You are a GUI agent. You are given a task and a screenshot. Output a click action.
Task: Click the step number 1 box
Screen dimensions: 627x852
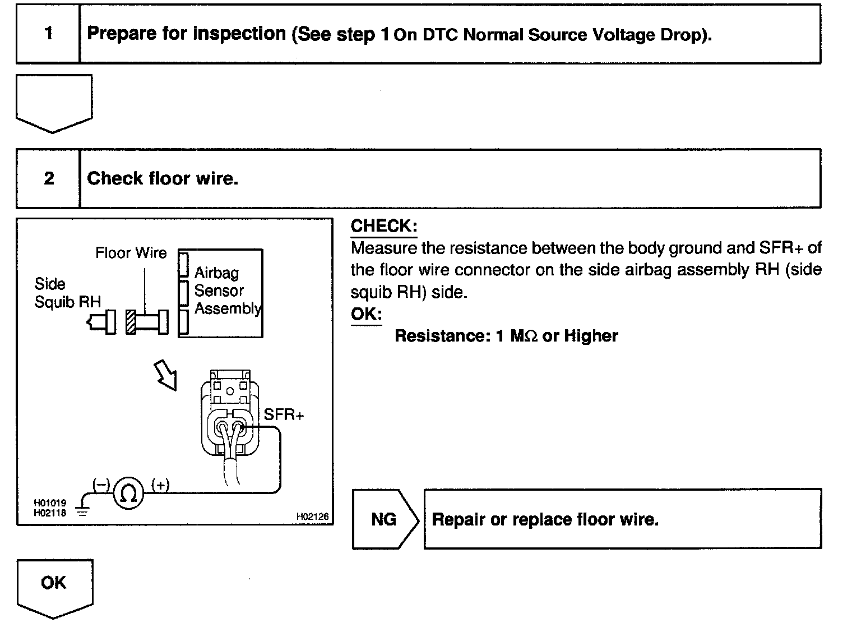[x=48, y=34]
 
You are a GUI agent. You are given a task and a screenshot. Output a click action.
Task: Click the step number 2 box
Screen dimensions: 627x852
[x=49, y=178]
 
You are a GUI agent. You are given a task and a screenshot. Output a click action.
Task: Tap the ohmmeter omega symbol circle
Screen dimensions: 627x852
[x=128, y=493]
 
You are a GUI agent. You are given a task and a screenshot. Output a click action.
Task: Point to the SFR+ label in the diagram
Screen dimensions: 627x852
[x=284, y=414]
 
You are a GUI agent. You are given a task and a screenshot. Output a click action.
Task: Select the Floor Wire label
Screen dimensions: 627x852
[x=131, y=253]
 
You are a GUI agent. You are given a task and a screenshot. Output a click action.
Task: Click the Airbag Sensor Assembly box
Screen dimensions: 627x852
[x=220, y=293]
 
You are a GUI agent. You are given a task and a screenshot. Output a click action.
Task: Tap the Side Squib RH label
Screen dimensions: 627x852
[x=67, y=293]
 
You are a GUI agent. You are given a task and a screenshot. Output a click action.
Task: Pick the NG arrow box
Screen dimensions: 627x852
[x=384, y=519]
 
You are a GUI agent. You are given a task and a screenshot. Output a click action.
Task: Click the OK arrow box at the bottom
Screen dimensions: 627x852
[x=54, y=586]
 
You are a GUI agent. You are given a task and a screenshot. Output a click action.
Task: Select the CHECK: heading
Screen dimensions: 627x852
[x=383, y=226]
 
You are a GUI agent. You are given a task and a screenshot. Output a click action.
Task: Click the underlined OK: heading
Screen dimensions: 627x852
[x=366, y=314]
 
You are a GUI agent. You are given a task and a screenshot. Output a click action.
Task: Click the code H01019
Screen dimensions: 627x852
[x=50, y=504]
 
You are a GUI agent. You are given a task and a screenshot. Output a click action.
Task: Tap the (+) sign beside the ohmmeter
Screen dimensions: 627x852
[x=160, y=485]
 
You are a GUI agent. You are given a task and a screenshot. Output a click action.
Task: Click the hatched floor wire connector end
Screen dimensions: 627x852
[x=131, y=322]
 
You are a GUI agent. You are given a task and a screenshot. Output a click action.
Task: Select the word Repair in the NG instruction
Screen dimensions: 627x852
[x=458, y=519]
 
